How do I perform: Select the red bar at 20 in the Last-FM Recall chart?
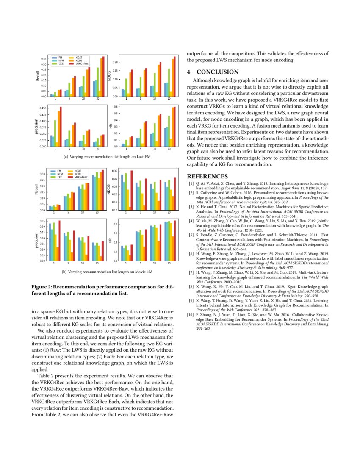click(103, 76)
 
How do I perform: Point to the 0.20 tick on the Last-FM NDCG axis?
click(115, 62)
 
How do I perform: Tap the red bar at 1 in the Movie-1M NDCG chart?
click(132, 190)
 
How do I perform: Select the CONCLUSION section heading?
click(217, 72)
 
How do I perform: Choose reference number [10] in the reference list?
click(191, 315)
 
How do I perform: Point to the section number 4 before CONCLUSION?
click(189, 72)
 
